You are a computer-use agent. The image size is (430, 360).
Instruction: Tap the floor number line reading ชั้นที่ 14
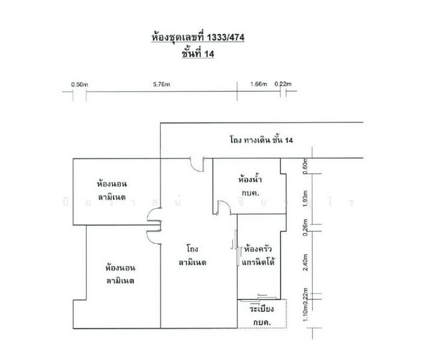[x=198, y=53]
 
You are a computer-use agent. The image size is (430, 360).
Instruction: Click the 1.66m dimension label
[x=258, y=85]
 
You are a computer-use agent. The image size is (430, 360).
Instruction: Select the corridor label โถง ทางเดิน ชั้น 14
[x=261, y=140]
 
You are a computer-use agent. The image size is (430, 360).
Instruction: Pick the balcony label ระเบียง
[x=262, y=310]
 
